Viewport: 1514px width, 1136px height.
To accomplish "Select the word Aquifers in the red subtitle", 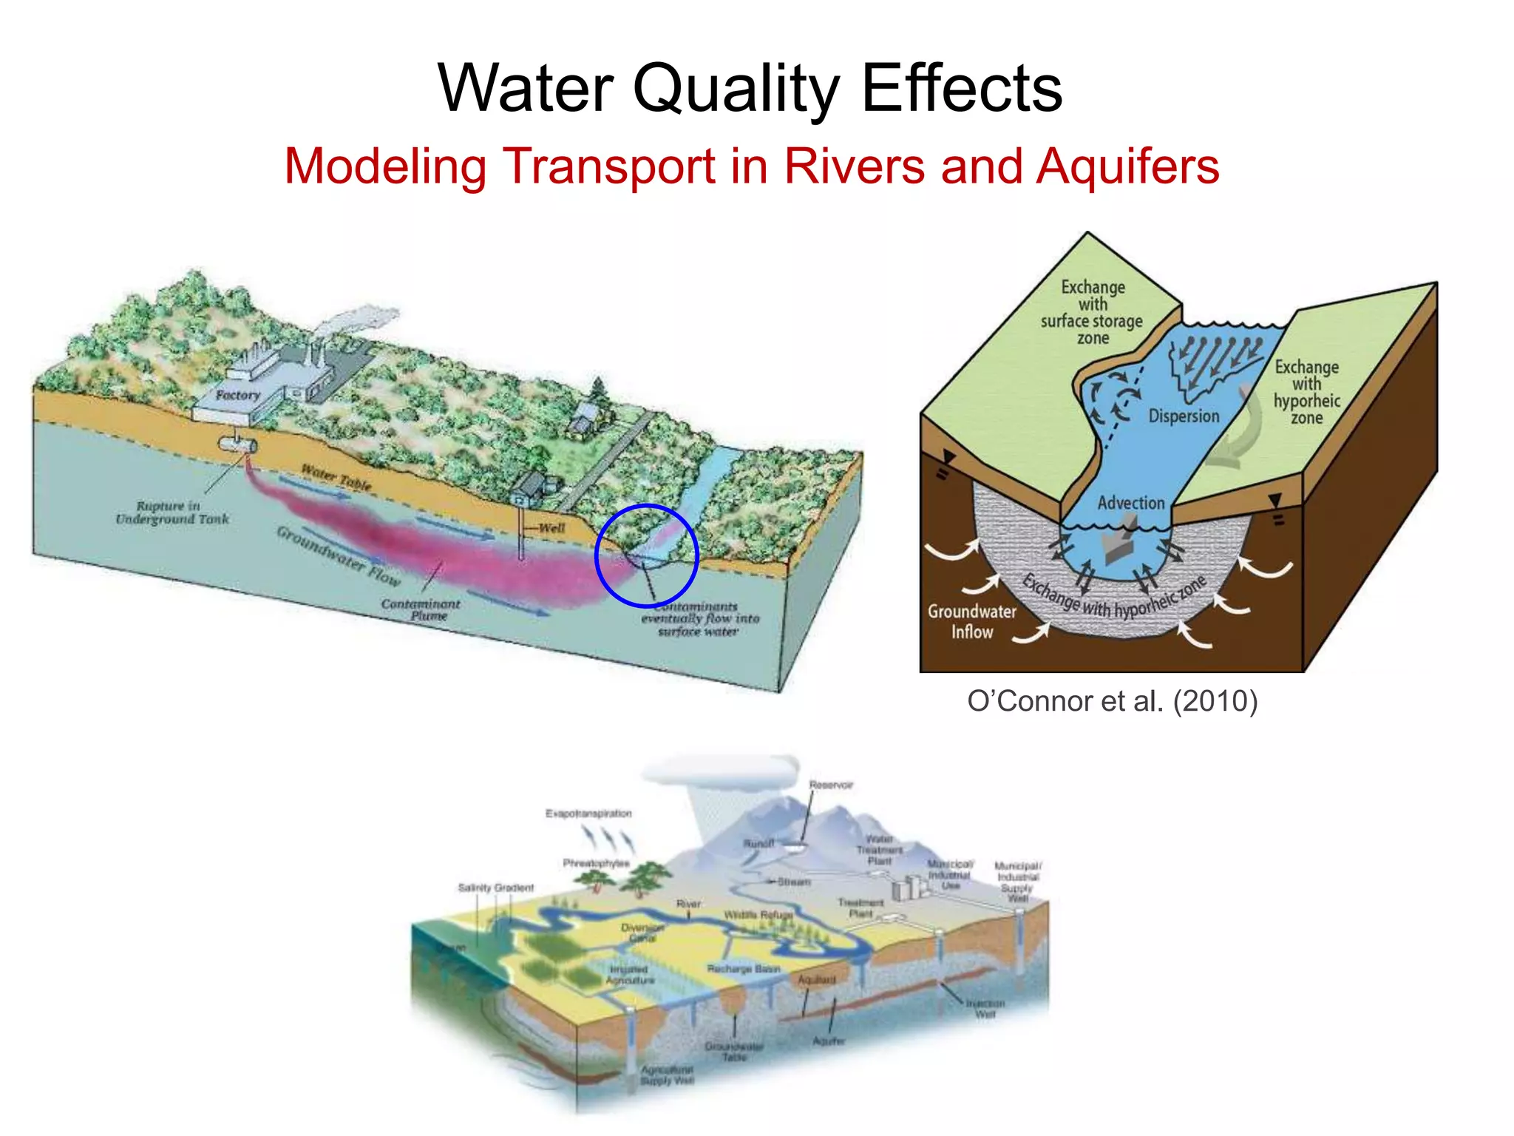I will pos(1127,166).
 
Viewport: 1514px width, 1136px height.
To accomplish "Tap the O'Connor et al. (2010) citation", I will pos(1112,700).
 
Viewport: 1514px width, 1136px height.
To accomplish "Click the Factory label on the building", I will pos(238,395).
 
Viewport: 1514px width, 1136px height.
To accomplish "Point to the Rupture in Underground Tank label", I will pos(172,513).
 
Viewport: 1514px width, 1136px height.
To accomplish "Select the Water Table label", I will pos(336,478).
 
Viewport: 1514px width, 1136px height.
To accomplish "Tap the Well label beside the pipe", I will pos(551,528).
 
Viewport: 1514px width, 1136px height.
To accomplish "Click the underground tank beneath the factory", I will pos(237,444).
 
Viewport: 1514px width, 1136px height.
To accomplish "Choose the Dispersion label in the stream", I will pos(1183,416).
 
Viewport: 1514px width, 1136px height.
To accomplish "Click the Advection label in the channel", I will pos(1130,503).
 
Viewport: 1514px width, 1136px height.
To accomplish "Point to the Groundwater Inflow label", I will pos(971,621).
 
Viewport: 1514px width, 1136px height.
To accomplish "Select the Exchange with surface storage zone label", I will pos(1092,312).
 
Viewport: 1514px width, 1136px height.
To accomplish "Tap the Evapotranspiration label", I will pos(588,814).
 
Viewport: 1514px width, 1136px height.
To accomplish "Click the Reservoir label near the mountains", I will pos(831,785).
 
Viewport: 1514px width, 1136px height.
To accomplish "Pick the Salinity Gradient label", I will pos(495,887).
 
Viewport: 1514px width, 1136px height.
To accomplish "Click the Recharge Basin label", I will pos(743,969).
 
